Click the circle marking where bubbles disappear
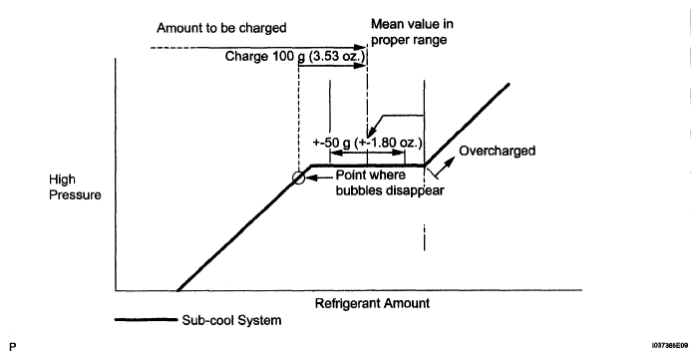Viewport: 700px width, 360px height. pos(299,178)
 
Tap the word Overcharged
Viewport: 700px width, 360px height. pos(497,151)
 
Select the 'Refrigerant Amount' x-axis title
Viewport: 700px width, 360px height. pos(372,303)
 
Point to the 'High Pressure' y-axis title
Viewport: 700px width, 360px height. pos(75,187)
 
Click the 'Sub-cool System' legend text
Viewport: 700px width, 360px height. pos(231,320)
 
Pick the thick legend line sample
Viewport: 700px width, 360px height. pos(146,319)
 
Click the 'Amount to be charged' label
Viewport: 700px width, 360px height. pos(221,28)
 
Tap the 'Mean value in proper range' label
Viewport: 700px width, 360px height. pos(412,31)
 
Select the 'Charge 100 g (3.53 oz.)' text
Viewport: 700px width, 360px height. pos(295,56)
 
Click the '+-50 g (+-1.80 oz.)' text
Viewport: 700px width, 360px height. pos(367,143)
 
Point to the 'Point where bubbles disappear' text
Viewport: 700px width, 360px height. pos(390,182)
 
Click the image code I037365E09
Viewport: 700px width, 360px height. pos(670,345)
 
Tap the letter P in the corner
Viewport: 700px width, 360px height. pos(13,347)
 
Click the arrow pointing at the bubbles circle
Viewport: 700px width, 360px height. pos(319,178)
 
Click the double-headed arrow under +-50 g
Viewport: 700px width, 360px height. pos(367,153)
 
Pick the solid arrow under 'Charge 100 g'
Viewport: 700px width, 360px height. pos(333,66)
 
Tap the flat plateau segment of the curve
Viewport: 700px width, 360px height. pos(367,166)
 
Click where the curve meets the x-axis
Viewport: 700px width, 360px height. pos(177,290)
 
